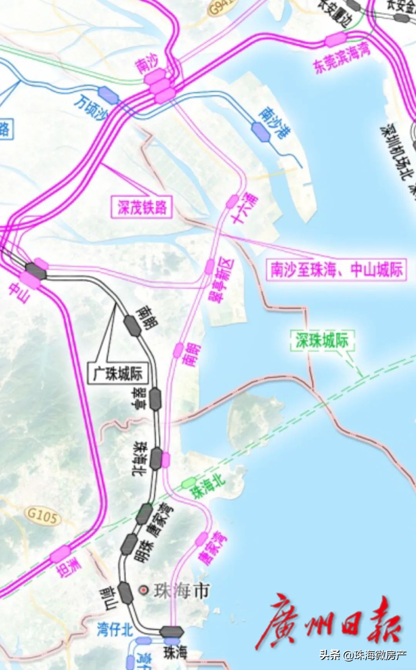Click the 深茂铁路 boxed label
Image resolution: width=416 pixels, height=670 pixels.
[142, 207]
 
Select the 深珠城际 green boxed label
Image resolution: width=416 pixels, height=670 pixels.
[322, 340]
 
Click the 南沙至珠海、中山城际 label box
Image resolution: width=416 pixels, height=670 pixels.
[336, 269]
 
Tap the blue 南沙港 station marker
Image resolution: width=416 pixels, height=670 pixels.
[261, 131]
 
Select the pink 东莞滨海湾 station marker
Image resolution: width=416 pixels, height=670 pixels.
[335, 39]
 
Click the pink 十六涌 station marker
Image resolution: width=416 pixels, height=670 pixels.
[232, 201]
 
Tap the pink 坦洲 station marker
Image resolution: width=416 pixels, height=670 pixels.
[60, 554]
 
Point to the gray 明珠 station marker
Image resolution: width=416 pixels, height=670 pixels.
[129, 544]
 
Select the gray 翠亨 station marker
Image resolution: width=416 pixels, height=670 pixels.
[155, 399]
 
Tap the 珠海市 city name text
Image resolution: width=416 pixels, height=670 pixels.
[181, 590]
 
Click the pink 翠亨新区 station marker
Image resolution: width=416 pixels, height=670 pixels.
[210, 266]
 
